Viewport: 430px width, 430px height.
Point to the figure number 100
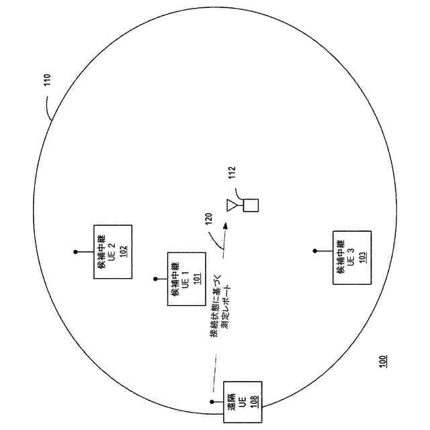383,361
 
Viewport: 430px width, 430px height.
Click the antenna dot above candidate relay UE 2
75,252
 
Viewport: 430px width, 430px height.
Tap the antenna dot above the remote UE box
210,405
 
